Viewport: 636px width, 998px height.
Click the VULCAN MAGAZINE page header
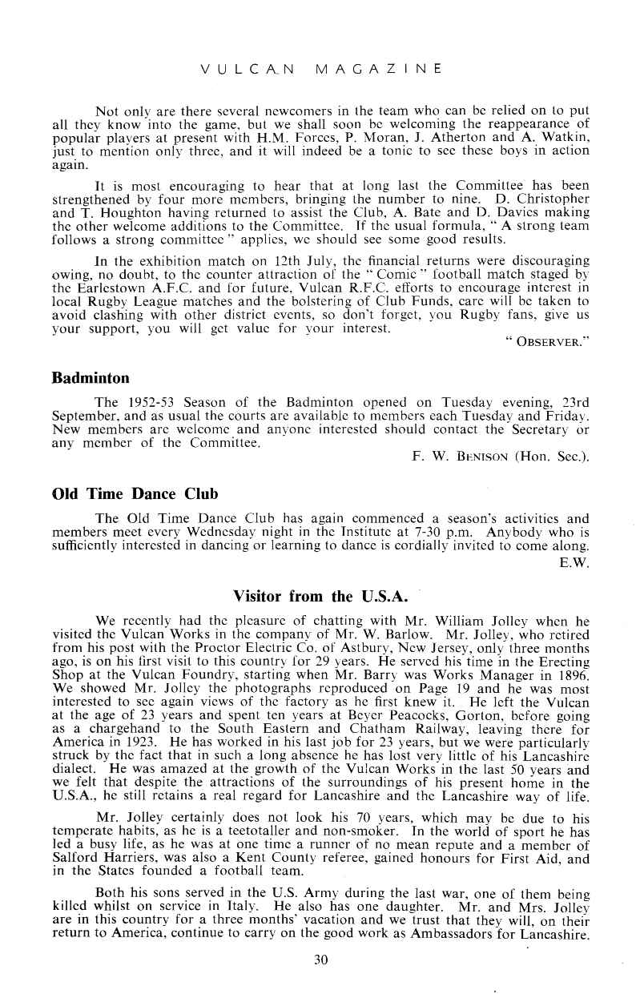pos(320,70)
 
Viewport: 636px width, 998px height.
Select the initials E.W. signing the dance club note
pos(578,563)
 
